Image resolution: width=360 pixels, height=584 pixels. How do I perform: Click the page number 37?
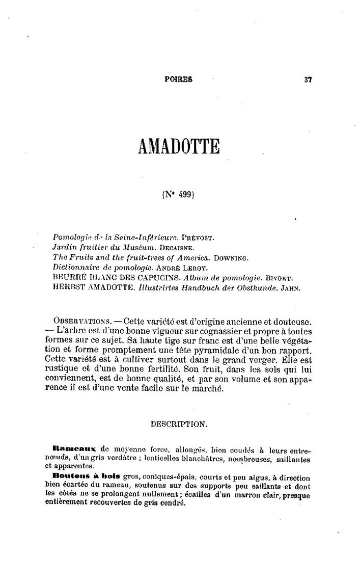[x=307, y=79]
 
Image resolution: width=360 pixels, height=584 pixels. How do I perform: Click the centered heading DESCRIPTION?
[x=178, y=423]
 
